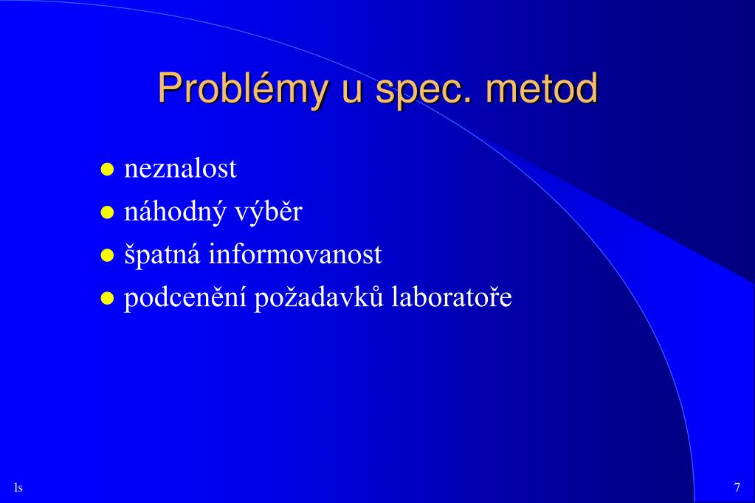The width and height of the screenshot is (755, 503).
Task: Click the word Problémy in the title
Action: coord(242,89)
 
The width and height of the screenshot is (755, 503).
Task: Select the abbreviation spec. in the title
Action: coord(423,91)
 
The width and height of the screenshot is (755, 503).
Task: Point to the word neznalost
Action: coord(181,169)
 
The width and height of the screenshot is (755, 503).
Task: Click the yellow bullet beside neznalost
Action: coord(107,170)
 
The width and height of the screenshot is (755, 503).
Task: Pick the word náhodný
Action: coord(175,212)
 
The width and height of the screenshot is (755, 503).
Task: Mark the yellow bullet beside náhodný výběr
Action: coord(107,212)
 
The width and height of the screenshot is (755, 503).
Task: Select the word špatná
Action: coord(162,255)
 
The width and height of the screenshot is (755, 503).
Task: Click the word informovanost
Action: coord(295,254)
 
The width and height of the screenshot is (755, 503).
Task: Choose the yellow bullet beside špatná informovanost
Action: coord(107,255)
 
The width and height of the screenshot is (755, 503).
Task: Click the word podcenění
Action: coord(185,298)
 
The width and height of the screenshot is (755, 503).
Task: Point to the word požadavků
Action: coord(319,298)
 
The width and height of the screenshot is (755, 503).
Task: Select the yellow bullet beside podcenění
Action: coord(107,299)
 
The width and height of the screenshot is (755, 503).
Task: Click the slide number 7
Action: coord(737,488)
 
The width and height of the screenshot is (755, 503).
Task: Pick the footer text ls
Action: coord(18,488)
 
